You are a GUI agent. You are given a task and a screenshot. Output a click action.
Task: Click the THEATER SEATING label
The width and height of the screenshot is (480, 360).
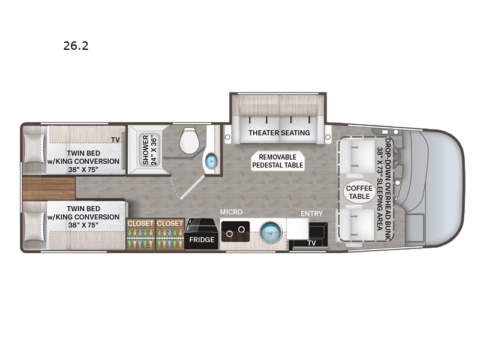click(x=279, y=133)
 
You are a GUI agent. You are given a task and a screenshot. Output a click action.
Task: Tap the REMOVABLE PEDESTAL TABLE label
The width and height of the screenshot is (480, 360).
click(x=277, y=161)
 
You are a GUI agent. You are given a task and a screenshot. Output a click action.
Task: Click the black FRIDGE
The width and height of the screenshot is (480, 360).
click(x=201, y=235)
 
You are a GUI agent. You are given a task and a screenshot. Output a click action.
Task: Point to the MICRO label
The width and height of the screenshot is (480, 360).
click(x=230, y=212)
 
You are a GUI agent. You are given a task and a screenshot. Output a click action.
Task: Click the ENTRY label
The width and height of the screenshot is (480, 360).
click(x=312, y=213)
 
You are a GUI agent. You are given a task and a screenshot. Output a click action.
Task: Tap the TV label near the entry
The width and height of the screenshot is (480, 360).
click(x=311, y=243)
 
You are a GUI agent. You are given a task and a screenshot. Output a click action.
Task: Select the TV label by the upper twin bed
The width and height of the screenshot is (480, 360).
click(x=115, y=140)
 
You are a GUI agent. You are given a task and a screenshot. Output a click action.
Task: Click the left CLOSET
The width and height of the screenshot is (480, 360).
click(x=140, y=235)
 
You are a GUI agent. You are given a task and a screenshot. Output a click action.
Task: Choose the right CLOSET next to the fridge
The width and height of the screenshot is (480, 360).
click(x=170, y=235)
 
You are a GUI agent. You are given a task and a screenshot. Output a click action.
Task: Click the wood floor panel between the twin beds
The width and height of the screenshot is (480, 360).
click(x=49, y=189)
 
